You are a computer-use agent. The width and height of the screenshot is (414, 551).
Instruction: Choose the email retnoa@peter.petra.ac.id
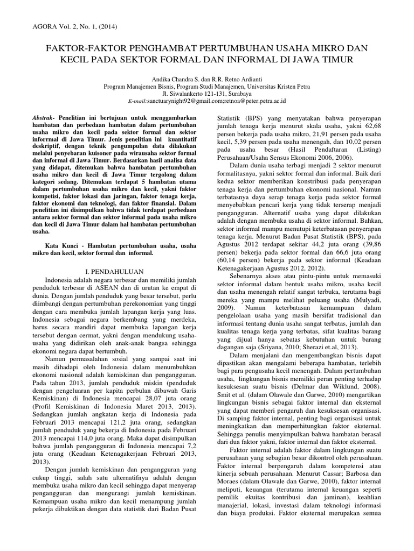point(256,101)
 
